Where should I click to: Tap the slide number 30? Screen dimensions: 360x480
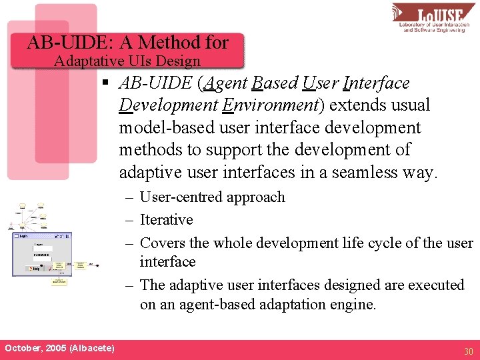tap(468, 351)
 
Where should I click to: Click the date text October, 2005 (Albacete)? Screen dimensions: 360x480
tap(59, 348)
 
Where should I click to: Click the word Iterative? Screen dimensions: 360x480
tap(167, 219)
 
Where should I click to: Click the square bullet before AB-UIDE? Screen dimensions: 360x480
tap(105, 83)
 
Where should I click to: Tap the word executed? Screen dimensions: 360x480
tap(431, 285)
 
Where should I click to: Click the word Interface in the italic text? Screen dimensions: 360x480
tap(375, 83)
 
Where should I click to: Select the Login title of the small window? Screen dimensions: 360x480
tap(23, 236)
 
